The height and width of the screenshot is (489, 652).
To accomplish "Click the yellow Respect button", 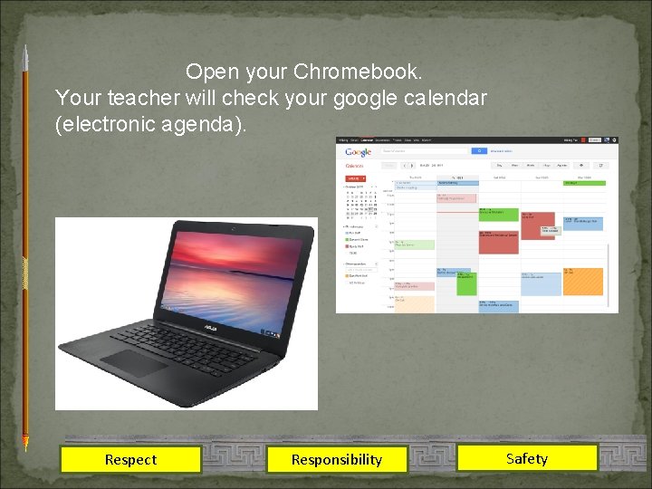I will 130,459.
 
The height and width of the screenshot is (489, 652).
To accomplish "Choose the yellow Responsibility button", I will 337,459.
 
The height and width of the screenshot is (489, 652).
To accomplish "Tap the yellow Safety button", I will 527,458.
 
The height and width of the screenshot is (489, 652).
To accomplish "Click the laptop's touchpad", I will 134,363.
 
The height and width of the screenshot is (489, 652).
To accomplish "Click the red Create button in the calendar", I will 353,179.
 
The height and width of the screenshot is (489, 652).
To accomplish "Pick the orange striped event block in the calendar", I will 582,282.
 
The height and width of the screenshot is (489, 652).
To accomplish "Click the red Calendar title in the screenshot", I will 355,166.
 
